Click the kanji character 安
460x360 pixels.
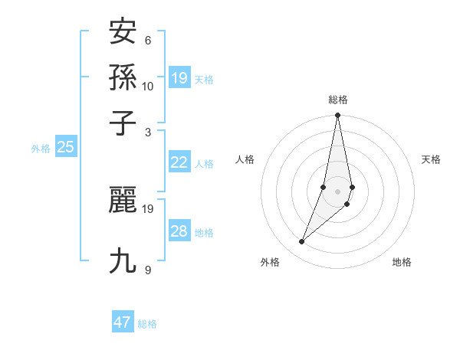(123, 32)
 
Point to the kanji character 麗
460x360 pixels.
(123, 201)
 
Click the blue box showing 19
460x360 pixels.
(179, 77)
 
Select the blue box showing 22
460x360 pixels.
(179, 162)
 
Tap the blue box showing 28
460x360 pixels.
(179, 231)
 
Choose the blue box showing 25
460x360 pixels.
(65, 148)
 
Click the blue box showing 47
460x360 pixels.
(123, 322)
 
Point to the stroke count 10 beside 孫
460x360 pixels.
(148, 87)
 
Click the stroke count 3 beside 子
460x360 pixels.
(148, 131)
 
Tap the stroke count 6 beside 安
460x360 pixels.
(148, 40)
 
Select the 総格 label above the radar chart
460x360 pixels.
(337, 100)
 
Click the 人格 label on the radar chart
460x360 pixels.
(245, 159)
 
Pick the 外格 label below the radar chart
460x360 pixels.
(270, 262)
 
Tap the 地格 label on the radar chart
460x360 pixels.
(402, 262)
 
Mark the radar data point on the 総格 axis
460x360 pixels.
(337, 116)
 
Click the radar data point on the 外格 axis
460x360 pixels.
(301, 241)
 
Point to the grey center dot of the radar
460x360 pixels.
(337, 191)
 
